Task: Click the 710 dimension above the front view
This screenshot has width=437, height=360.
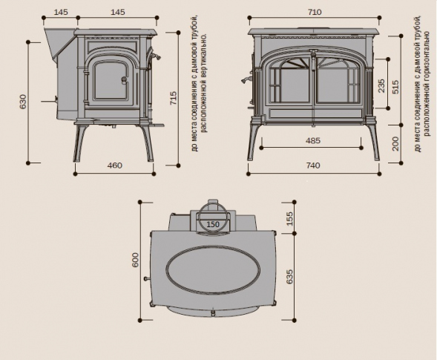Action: coord(315,12)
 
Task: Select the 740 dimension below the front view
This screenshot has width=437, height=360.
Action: coord(313,166)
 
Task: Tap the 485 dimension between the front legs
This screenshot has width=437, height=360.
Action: coord(313,140)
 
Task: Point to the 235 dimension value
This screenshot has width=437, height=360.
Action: coord(381,85)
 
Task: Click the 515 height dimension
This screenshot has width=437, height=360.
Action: coord(395,87)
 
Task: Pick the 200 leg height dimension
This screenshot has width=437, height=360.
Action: coord(395,143)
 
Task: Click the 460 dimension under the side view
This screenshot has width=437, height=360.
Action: coord(114,166)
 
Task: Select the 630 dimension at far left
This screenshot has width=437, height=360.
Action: coord(23,102)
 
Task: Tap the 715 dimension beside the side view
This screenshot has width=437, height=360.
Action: coord(173,98)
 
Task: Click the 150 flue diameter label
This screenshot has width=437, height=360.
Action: coord(213,224)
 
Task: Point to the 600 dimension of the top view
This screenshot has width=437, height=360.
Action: coord(135,260)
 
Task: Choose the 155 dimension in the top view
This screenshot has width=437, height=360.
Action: coord(289,219)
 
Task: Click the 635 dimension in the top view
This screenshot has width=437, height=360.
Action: coord(289,277)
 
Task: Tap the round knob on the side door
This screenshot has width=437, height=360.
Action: coord(124,80)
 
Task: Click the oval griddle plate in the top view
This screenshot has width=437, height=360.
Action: coord(213,270)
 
